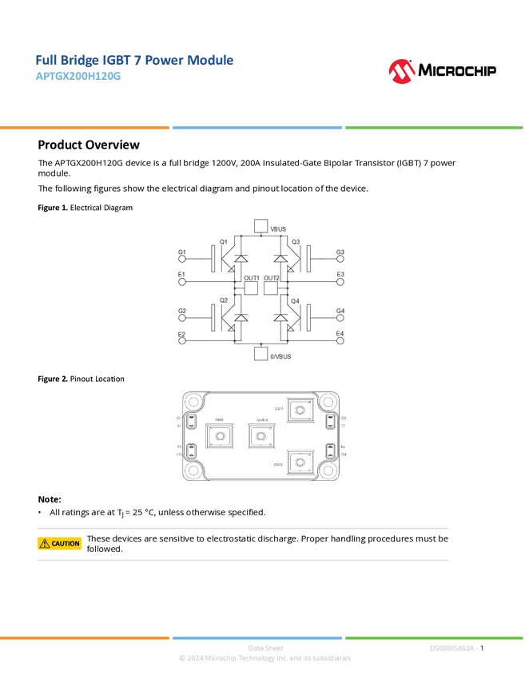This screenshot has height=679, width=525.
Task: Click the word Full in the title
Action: [x=46, y=61]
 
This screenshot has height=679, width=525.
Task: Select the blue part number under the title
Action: [x=78, y=77]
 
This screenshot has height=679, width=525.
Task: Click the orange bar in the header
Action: [x=85, y=128]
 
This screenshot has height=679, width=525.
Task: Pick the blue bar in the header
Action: [x=257, y=128]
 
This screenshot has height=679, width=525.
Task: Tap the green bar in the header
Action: [x=434, y=128]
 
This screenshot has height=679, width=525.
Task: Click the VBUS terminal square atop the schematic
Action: [x=260, y=226]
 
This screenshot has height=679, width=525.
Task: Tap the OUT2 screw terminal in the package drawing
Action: [x=299, y=463]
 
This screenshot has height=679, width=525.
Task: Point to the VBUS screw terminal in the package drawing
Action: [x=219, y=436]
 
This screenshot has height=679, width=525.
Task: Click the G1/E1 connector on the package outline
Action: [x=192, y=421]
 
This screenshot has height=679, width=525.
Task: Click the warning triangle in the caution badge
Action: [x=45, y=544]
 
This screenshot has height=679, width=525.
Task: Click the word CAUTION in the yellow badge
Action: [x=66, y=544]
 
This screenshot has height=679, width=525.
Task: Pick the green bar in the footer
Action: [x=434, y=637]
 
